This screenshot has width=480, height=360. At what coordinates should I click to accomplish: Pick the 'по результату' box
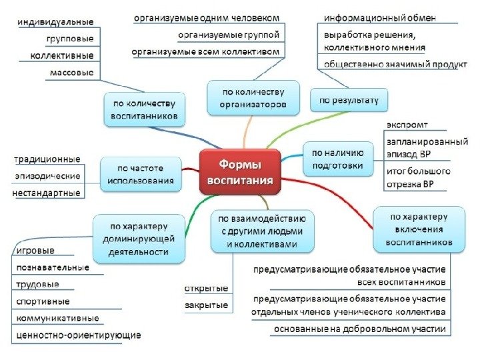point(348,100)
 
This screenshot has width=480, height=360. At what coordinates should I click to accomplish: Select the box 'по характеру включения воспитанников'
point(419,229)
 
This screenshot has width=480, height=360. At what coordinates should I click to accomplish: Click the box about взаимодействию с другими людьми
point(262,231)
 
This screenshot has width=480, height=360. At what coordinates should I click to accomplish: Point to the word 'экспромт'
point(407,125)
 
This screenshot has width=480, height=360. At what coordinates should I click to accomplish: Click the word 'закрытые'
point(206,305)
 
